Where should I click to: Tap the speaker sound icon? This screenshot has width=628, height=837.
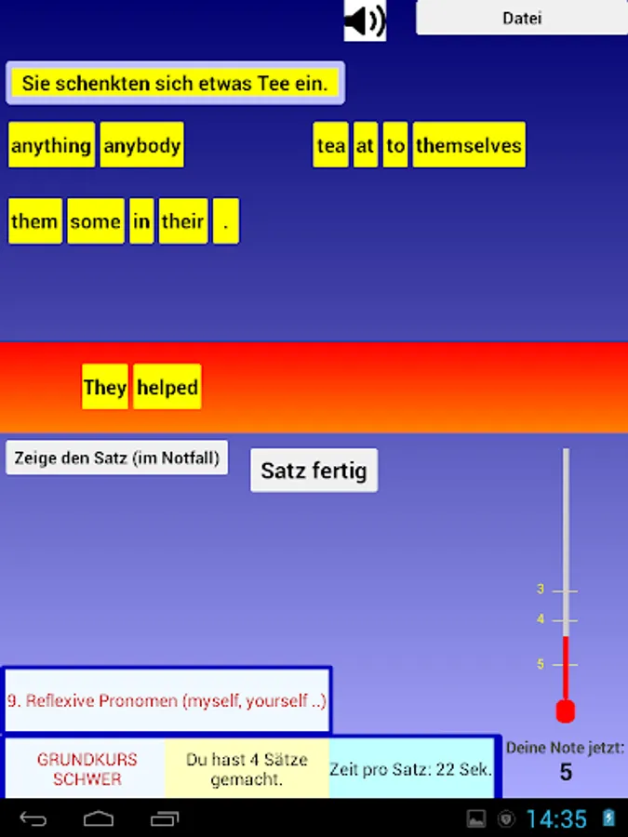point(365,20)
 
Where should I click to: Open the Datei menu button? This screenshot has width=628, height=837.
point(522,18)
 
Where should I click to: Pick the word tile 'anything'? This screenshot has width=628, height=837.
point(51,146)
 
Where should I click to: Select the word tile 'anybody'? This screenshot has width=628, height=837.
point(142,146)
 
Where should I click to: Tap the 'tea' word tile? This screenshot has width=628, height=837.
point(330,146)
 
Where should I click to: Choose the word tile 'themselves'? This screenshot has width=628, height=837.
point(469,146)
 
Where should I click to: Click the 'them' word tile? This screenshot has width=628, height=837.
point(34,222)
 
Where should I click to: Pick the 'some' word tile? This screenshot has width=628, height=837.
point(96,222)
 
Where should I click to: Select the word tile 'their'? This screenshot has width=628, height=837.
point(182,222)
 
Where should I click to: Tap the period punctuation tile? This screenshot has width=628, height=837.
point(225,222)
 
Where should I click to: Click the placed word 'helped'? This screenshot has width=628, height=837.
point(167,388)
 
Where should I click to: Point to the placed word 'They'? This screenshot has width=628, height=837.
point(105,388)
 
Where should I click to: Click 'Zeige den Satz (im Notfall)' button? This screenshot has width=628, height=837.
point(117,458)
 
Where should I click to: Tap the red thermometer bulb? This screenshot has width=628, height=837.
point(565,711)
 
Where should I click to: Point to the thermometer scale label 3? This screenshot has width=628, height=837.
point(541,590)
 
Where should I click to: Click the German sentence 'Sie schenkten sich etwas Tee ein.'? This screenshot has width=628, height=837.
point(175,84)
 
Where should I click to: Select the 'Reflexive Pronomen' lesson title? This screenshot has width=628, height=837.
point(167,701)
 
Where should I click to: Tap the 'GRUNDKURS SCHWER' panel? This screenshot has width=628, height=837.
point(87,769)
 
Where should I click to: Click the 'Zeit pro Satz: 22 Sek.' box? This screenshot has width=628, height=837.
point(411,769)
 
